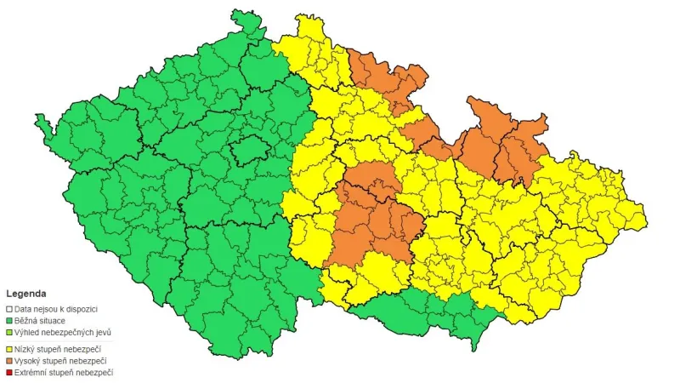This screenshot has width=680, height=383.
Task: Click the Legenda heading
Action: (25, 294)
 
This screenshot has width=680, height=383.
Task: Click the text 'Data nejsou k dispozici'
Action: (58, 308)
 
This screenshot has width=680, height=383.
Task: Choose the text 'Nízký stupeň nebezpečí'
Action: (61, 347)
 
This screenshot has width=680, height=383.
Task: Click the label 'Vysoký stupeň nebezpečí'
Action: (63, 360)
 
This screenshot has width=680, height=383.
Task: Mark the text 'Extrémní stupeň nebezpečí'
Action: (65, 372)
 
